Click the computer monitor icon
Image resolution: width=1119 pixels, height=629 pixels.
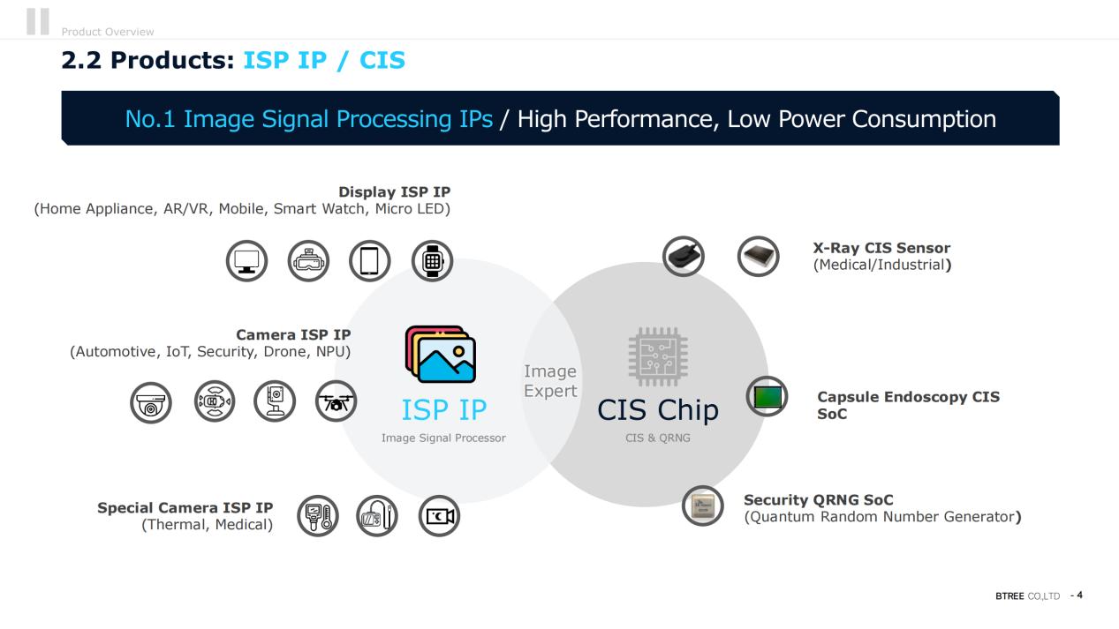(x=246, y=261)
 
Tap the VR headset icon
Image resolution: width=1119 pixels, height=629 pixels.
(x=308, y=261)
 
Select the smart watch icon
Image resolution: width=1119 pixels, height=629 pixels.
(x=432, y=261)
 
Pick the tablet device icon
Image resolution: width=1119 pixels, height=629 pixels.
(x=370, y=261)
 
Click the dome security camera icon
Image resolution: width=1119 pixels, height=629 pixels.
(x=151, y=402)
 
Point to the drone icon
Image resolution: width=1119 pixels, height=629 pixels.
(x=336, y=401)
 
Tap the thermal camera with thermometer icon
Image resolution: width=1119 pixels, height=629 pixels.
(x=318, y=516)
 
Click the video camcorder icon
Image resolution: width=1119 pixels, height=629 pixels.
(x=439, y=516)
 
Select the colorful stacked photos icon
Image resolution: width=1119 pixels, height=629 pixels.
(x=440, y=354)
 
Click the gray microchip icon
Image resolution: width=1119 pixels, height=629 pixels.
(x=658, y=356)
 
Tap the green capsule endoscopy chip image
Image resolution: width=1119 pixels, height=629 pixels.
(x=767, y=397)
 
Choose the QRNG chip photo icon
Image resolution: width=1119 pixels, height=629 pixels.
(x=703, y=505)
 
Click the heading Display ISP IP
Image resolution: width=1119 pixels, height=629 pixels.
(x=394, y=192)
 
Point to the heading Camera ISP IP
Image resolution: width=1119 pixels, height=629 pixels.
(x=293, y=334)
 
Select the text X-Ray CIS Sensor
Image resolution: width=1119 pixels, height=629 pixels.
(x=881, y=248)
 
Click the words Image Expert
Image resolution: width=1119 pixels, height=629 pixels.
(x=550, y=381)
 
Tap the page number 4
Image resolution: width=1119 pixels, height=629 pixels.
(x=1079, y=595)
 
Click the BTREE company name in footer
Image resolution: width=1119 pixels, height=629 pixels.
(x=1009, y=596)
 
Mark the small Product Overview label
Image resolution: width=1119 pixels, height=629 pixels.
(x=108, y=32)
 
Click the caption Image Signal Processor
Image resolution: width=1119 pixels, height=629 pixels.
(x=443, y=438)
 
